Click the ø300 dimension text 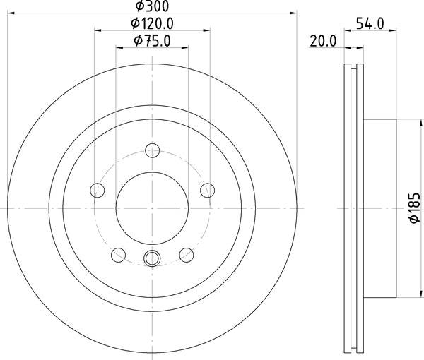[153, 6]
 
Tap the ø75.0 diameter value [152, 41]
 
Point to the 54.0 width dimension [370, 23]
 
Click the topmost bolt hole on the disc [152, 150]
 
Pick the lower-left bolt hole [118, 254]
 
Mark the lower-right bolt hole [186, 254]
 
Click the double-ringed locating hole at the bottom [152, 258]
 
